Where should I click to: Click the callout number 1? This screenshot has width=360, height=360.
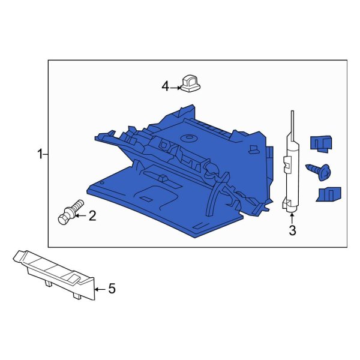point(40,155)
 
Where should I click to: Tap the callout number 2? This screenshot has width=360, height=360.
point(92,216)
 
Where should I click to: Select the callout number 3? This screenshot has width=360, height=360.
point(293,231)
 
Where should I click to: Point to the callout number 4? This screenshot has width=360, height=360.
point(166,87)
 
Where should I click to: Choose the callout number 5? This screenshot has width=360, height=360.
point(111,289)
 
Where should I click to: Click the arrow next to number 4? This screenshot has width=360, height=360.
point(175,88)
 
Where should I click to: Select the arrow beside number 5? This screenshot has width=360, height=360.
point(101,289)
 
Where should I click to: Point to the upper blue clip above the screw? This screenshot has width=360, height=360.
point(320,143)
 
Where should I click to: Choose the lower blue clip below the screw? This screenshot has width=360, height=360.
point(327,194)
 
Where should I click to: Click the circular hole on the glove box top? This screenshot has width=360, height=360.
point(191,138)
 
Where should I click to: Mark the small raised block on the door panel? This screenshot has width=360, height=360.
point(161,178)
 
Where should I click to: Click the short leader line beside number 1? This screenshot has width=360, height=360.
point(46,155)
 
